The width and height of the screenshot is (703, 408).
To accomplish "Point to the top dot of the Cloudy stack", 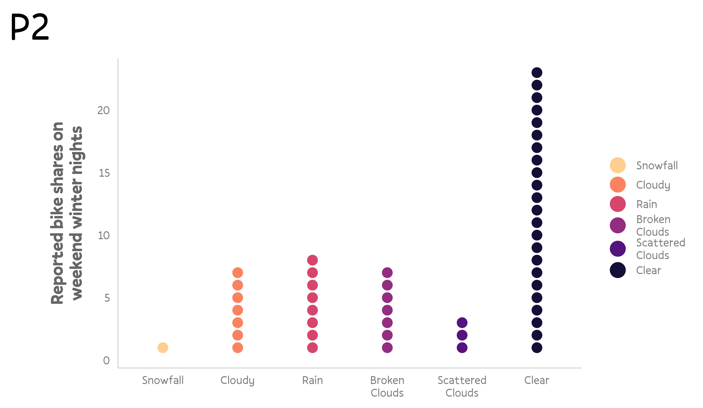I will pos(237,273).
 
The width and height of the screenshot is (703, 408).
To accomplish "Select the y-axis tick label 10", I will pos(103,236).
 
